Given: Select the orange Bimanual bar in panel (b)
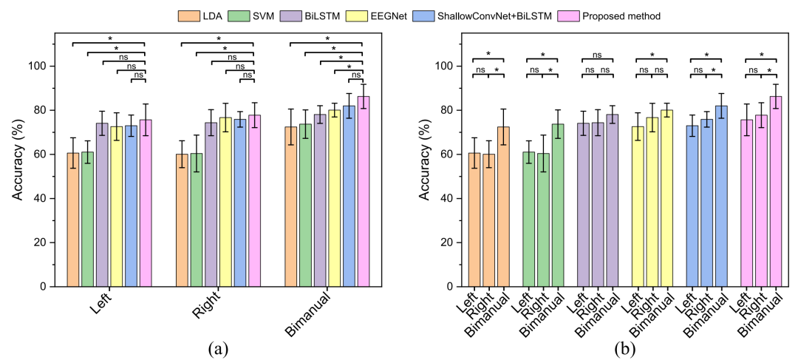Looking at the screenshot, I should coord(503,206).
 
